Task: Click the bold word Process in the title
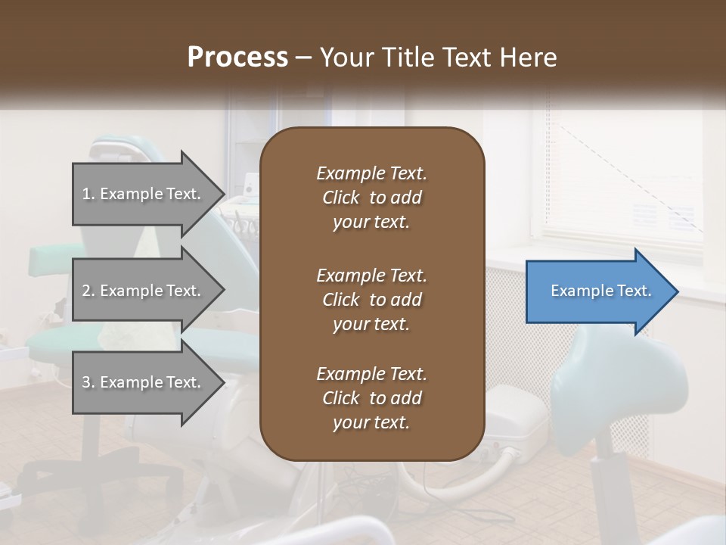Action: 237,57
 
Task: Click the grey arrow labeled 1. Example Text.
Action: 144,194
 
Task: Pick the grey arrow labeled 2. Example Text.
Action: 144,291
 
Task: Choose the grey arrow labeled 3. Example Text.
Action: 144,382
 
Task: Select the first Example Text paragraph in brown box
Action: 371,198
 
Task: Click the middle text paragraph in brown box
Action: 371,300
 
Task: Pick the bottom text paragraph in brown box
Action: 371,398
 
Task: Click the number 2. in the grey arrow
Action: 88,291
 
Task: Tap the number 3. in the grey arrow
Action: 88,382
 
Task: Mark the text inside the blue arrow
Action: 600,291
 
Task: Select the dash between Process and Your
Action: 304,58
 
